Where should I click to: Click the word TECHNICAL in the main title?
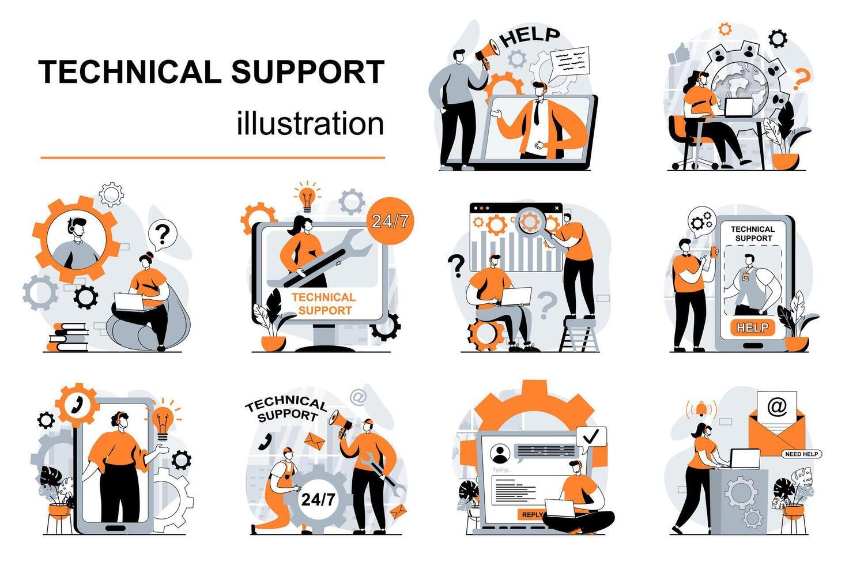pyautogui.click(x=130, y=72)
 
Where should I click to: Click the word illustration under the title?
pyautogui.click(x=310, y=124)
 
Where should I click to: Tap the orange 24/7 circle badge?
pyautogui.click(x=390, y=222)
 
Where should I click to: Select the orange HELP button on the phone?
pyautogui.click(x=752, y=327)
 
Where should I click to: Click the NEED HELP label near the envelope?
pyautogui.click(x=802, y=454)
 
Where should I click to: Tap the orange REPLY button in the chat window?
pyautogui.click(x=531, y=514)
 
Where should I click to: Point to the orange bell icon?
pyautogui.click(x=701, y=409)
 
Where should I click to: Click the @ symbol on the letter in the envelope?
pyautogui.click(x=777, y=407)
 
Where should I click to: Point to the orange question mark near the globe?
pyautogui.click(x=799, y=80)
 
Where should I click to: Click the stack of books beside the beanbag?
pyautogui.click(x=69, y=337)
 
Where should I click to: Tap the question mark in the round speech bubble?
pyautogui.click(x=163, y=233)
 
